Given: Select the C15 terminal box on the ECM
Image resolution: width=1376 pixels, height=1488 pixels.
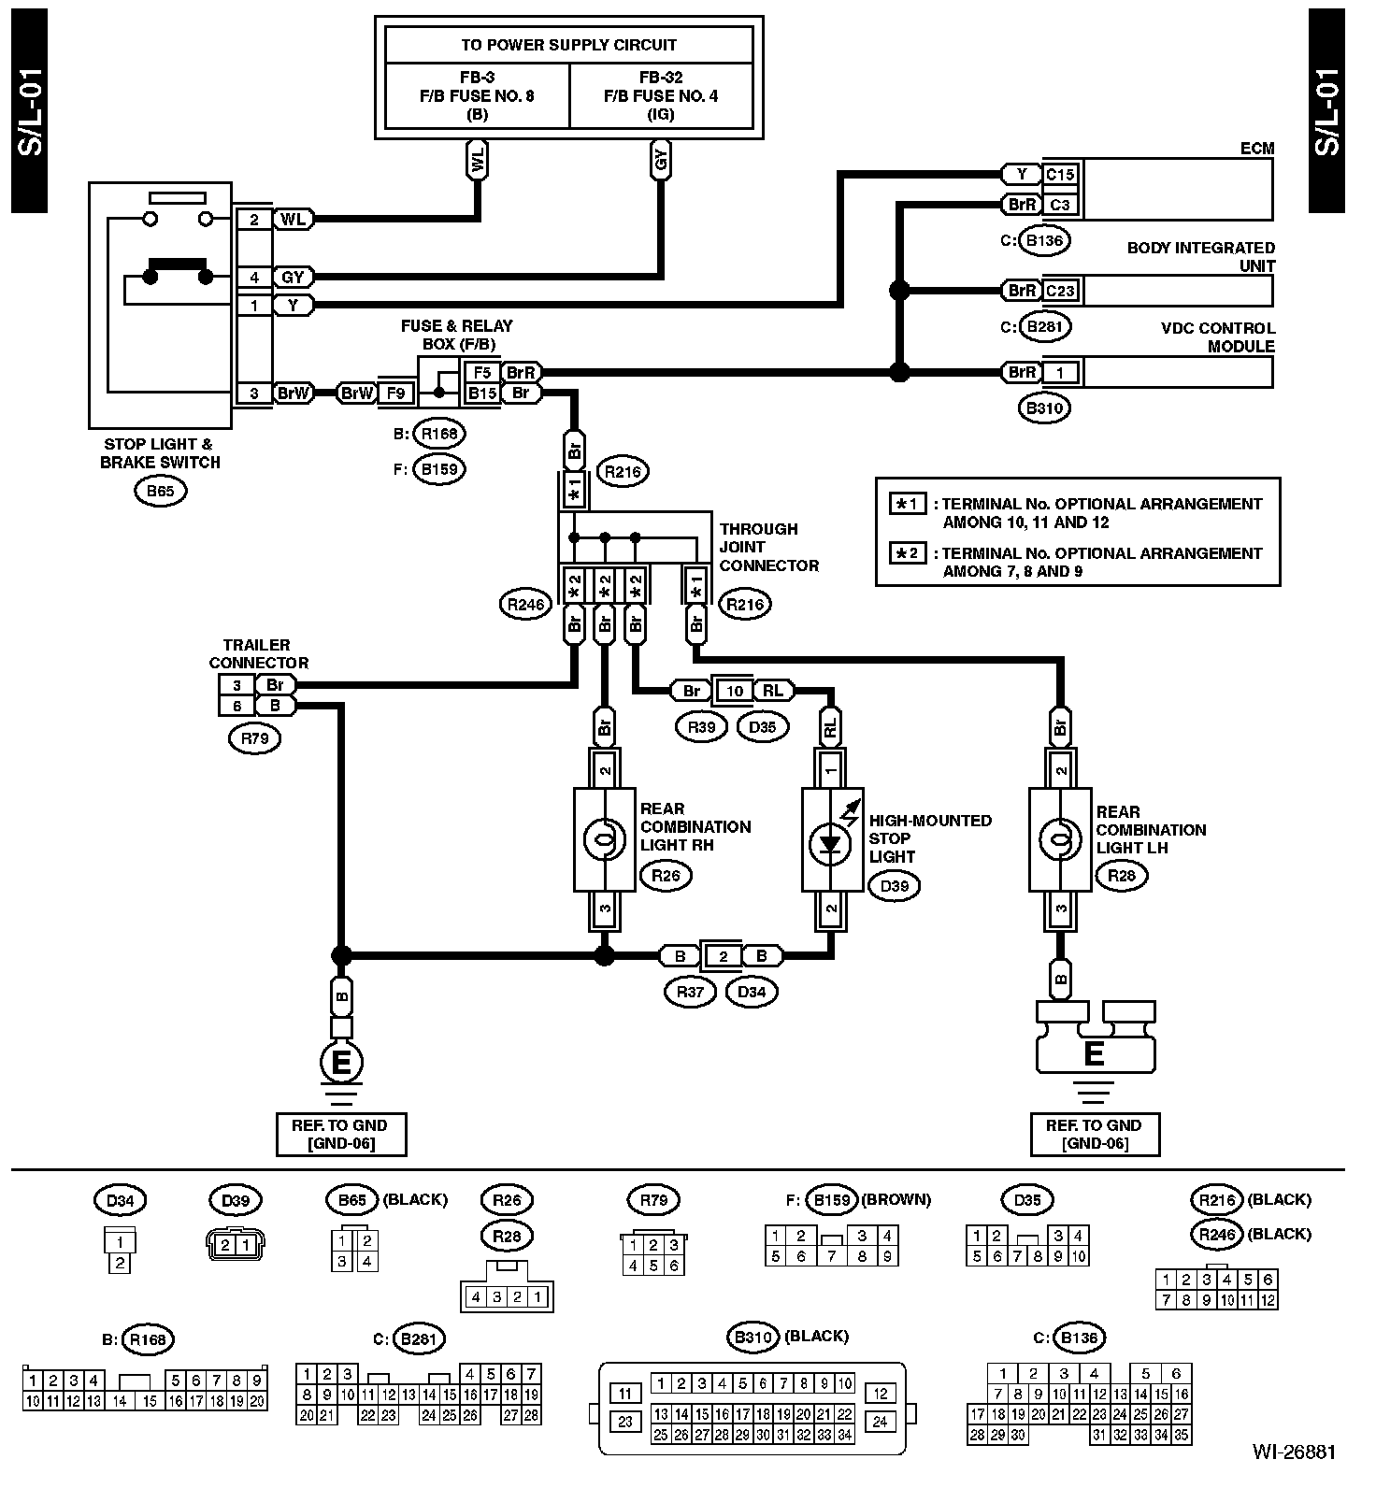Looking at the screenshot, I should click(1060, 174).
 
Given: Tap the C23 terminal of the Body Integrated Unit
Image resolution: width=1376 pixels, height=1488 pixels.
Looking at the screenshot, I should click(1060, 291).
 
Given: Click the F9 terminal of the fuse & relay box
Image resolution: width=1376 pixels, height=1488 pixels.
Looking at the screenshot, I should click(396, 393).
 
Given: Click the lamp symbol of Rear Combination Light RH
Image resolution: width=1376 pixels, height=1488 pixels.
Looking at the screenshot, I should click(605, 839).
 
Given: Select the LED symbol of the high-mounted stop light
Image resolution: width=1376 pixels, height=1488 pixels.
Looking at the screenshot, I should click(831, 841).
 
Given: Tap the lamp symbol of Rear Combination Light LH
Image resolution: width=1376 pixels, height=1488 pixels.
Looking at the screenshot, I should click(1060, 839).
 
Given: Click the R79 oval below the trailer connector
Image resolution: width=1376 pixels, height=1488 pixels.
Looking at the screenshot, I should click(254, 738).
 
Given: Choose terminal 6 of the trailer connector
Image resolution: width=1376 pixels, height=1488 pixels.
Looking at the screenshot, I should click(237, 706).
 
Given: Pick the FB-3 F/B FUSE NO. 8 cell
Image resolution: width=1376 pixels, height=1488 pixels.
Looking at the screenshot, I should click(477, 95).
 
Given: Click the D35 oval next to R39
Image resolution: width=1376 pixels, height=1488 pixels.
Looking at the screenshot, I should click(763, 726).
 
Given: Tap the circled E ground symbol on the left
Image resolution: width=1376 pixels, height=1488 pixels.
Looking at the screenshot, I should click(341, 1063).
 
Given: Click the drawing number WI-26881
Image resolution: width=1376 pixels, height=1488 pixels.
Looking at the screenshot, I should click(1295, 1452).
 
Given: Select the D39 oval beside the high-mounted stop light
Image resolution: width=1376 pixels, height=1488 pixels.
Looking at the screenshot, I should click(894, 886).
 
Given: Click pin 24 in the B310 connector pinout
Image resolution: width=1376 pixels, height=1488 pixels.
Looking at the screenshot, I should click(880, 1422).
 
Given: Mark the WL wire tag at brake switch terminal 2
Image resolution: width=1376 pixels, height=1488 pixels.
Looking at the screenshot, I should click(293, 220).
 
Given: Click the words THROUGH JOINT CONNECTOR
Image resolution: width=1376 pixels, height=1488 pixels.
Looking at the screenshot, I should click(768, 547).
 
